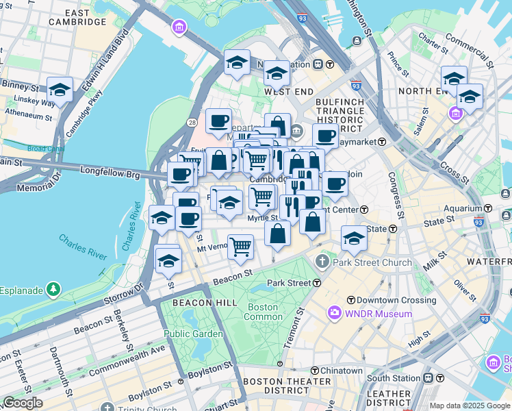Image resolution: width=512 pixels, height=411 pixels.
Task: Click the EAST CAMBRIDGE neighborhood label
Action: point(77,17)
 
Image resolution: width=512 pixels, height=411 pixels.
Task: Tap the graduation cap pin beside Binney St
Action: point(60,90)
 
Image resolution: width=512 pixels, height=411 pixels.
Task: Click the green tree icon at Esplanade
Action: point(53,290)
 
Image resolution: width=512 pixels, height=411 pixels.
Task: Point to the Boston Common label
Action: point(264,312)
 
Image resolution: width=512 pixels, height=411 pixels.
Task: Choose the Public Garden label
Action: point(193,334)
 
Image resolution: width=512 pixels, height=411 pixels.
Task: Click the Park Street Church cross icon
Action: point(322,262)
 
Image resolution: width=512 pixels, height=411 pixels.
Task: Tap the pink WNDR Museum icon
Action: point(334,314)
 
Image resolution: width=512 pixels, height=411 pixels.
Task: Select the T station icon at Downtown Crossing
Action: point(350,300)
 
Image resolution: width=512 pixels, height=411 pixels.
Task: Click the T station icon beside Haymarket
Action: point(382,141)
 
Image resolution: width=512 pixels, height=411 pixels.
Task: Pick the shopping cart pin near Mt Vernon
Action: point(240,246)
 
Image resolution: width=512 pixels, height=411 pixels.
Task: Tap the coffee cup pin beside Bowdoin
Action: point(335,183)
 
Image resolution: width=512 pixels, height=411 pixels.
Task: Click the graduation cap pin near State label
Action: point(354,238)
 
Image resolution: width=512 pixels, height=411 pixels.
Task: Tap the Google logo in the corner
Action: point(23,403)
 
